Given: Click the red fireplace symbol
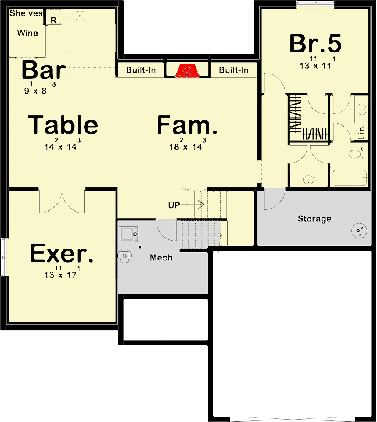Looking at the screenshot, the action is click(187, 71).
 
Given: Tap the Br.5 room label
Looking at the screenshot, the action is click(315, 43).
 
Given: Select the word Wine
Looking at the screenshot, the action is click(28, 33).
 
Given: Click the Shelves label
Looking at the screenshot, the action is click(26, 13).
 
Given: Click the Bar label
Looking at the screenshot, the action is click(44, 70).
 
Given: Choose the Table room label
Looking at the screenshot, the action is click(63, 125).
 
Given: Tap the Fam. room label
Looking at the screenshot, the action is click(187, 125).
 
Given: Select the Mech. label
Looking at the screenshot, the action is click(162, 258).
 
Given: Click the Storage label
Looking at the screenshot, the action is click(314, 218).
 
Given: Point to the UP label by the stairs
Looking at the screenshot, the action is click(174, 205).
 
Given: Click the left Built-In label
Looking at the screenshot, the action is click(141, 70).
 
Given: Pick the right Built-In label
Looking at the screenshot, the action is click(233, 70).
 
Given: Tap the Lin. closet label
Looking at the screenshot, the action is click(362, 131).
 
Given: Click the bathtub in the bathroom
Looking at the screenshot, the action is click(349, 177).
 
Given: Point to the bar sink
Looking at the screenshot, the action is click(81, 16).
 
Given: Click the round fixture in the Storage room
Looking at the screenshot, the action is click(359, 231).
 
